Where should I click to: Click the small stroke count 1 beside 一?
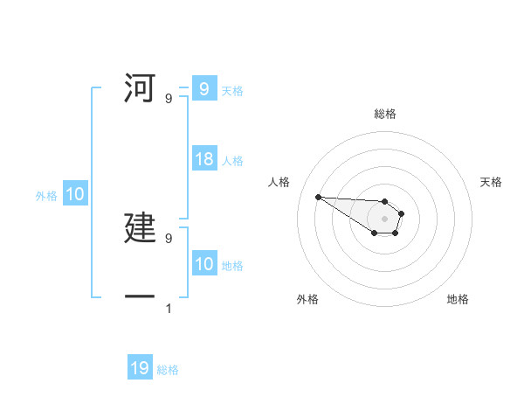point(169,308)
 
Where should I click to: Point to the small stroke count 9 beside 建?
point(169,238)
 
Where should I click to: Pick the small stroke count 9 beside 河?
point(169,99)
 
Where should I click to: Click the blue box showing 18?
point(204,160)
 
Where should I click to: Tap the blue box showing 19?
point(140,369)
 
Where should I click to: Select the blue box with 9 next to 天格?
point(204,89)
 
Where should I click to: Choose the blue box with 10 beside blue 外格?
point(75,195)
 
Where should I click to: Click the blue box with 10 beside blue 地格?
point(204,264)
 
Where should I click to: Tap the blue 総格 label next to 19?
point(168,370)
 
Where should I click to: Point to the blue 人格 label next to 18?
point(232,161)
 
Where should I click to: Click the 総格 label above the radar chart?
point(385,114)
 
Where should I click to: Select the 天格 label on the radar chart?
point(492,182)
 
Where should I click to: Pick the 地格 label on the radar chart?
point(458,299)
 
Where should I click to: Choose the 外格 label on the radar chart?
point(307,299)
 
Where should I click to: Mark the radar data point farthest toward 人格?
point(318,197)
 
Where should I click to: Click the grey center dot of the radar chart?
point(384,219)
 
